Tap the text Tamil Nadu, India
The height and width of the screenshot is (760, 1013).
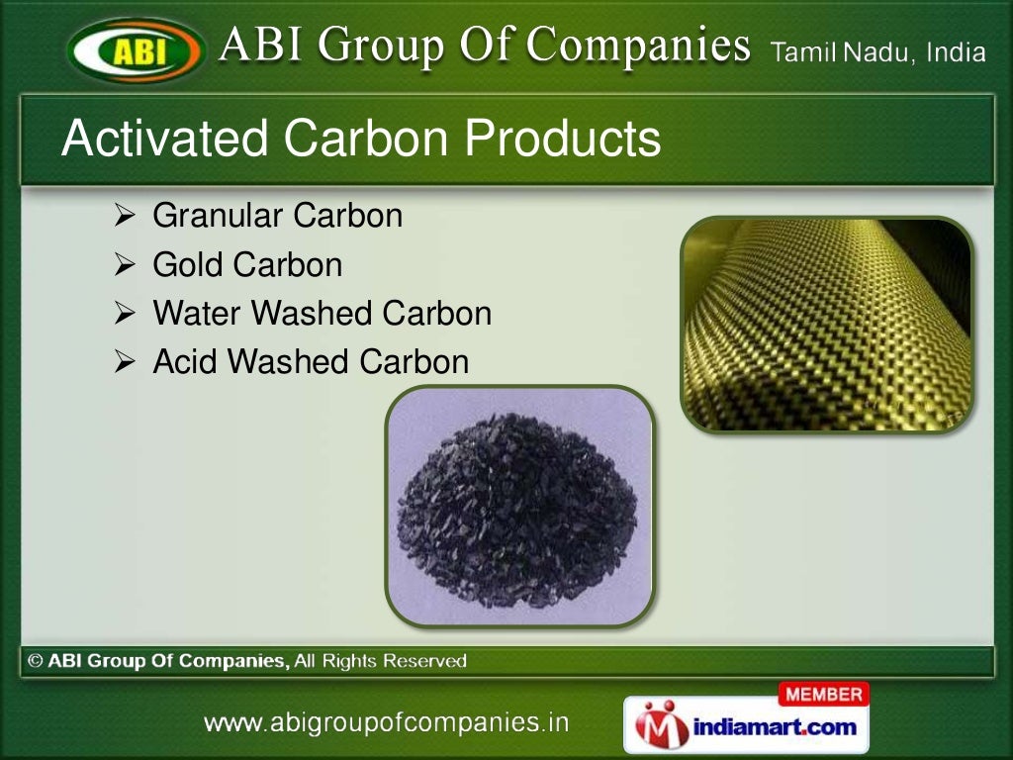click(x=877, y=52)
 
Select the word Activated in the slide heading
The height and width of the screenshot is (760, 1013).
click(x=164, y=139)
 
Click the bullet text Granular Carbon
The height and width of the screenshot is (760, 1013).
click(x=277, y=216)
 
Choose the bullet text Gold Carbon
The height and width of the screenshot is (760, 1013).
click(x=247, y=264)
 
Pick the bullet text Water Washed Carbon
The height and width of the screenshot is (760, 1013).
click(x=322, y=314)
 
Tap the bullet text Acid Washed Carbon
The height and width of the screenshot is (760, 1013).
click(x=311, y=362)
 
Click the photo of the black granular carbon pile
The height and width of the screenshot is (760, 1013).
click(x=519, y=505)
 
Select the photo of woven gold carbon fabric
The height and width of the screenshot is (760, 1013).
click(x=826, y=325)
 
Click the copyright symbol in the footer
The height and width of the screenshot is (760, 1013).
click(x=35, y=661)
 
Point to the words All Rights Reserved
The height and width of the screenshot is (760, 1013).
click(x=380, y=661)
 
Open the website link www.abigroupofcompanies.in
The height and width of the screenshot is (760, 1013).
click(x=387, y=723)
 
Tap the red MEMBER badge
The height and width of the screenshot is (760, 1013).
click(x=824, y=695)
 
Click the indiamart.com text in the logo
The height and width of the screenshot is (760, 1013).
click(x=775, y=728)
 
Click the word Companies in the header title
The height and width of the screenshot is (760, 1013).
click(x=638, y=46)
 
